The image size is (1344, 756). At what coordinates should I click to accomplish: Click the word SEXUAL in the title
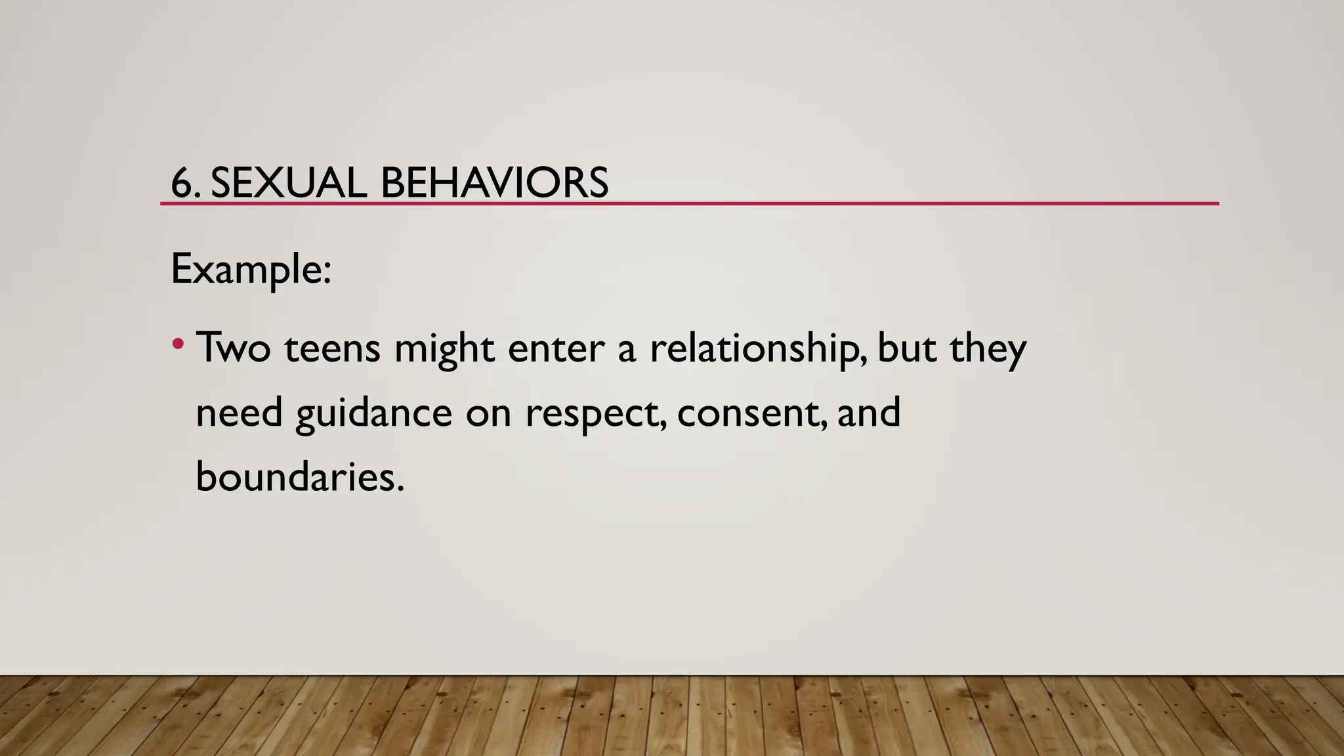[288, 182]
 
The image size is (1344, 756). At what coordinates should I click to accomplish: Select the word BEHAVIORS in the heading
[494, 182]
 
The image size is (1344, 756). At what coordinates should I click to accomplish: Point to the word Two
[233, 348]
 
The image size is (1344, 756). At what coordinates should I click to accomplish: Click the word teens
[332, 348]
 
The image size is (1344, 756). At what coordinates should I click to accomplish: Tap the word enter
[556, 348]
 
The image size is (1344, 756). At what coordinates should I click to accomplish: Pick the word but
[906, 348]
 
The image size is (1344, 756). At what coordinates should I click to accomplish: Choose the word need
[239, 413]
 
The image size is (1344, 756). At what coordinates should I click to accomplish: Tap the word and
[868, 412]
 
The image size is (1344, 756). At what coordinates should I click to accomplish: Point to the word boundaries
[299, 476]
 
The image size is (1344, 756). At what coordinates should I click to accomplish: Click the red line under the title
[689, 204]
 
